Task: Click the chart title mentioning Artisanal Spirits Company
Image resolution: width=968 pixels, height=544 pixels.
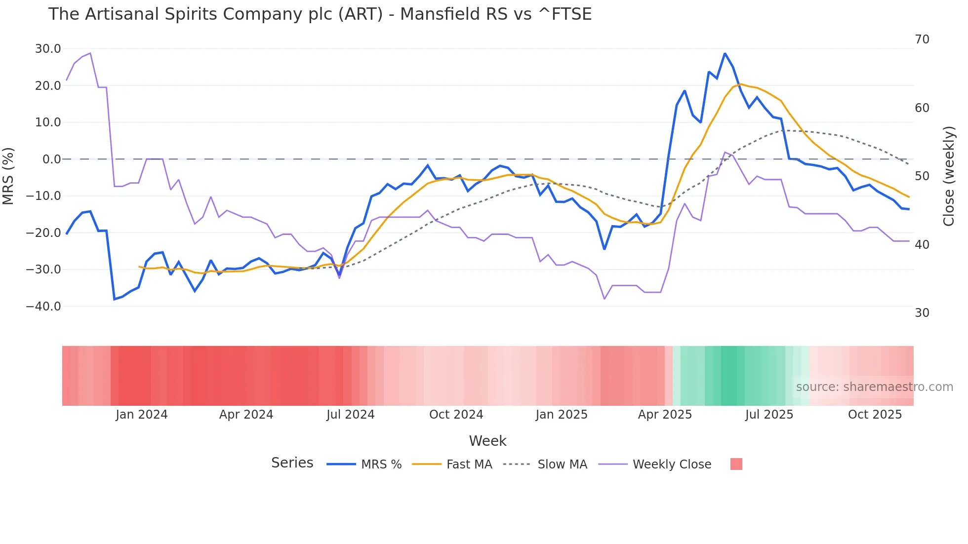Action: [x=320, y=14]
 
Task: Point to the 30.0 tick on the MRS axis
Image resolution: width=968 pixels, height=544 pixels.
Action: [x=48, y=49]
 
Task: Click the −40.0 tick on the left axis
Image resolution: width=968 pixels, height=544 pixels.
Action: [x=43, y=307]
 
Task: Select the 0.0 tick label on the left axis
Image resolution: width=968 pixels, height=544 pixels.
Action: [x=51, y=159]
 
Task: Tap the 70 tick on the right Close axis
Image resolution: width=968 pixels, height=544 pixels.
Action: [x=922, y=39]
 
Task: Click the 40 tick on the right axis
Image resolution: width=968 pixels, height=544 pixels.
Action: [x=922, y=245]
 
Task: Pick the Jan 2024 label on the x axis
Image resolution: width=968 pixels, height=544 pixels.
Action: [x=142, y=415]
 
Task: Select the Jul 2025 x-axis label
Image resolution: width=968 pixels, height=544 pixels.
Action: [x=769, y=415]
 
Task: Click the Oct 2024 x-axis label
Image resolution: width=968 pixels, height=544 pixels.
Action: [x=456, y=415]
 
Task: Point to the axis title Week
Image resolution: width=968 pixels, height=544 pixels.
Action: [x=487, y=441]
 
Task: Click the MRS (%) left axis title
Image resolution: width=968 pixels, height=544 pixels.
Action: [x=8, y=176]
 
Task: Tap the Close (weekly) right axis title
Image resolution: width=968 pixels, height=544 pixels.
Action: [x=949, y=176]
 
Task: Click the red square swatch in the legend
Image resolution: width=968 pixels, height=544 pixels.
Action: [x=736, y=464]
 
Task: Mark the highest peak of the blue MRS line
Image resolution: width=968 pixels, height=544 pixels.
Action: [x=725, y=53]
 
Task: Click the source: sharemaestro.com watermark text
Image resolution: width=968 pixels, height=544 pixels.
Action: [x=874, y=387]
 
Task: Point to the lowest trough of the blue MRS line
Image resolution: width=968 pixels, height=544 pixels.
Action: [x=114, y=299]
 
